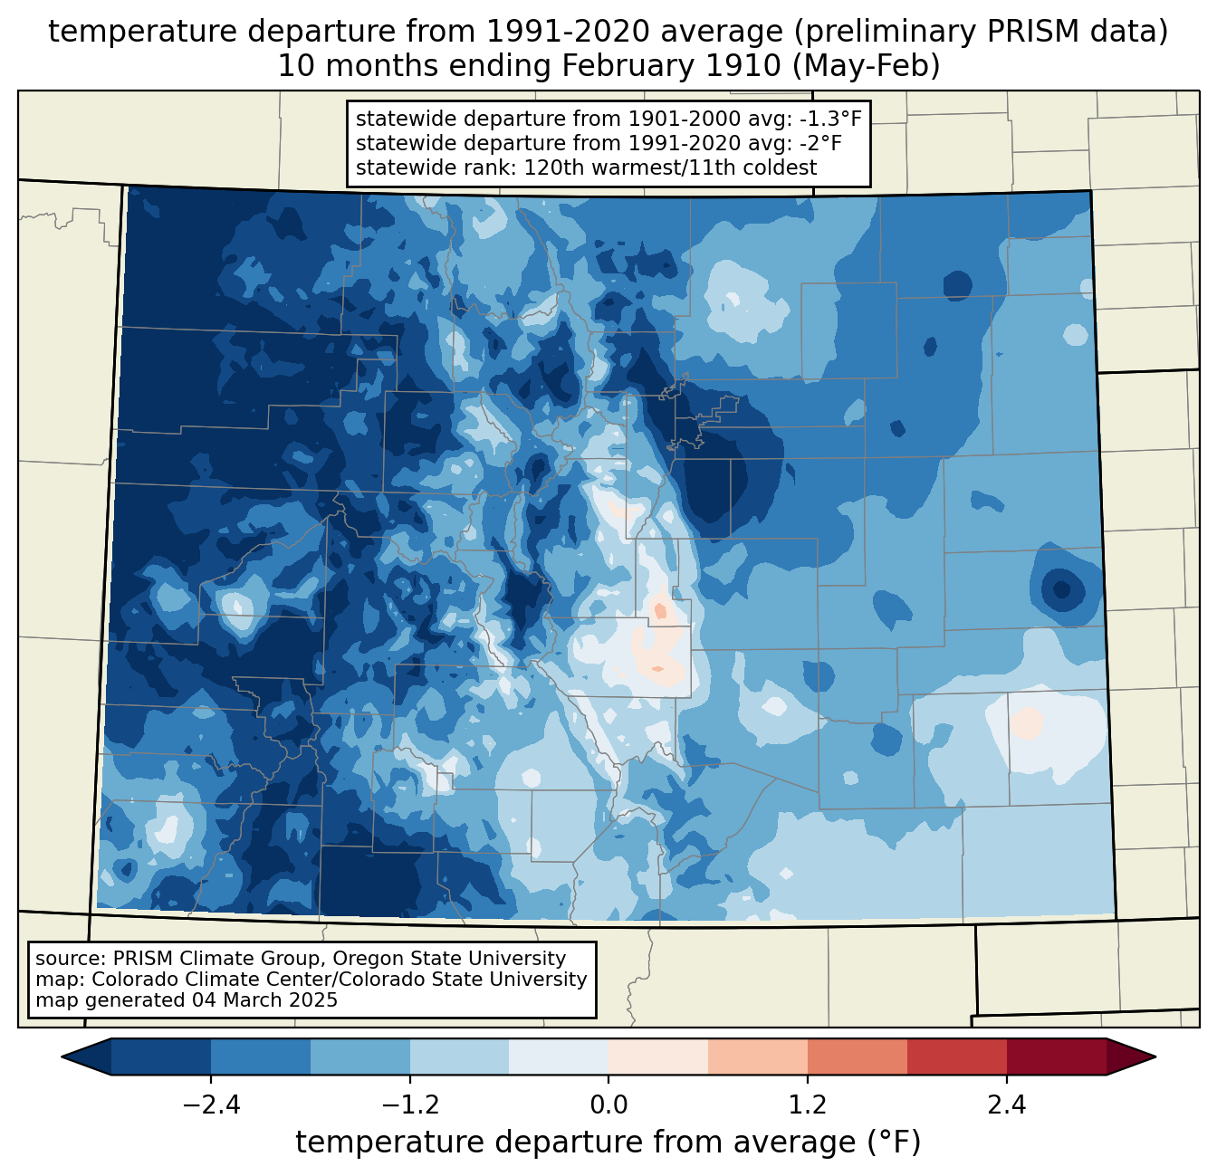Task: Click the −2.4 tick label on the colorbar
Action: (211, 1105)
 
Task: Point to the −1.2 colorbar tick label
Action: (409, 1105)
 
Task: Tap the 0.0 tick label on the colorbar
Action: (608, 1105)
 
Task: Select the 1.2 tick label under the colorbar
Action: (808, 1105)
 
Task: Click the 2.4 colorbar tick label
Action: (1007, 1105)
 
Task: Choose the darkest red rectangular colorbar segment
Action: (1056, 1056)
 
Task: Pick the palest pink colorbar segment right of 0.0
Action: (658, 1056)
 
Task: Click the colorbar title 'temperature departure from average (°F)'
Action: (608, 1143)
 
